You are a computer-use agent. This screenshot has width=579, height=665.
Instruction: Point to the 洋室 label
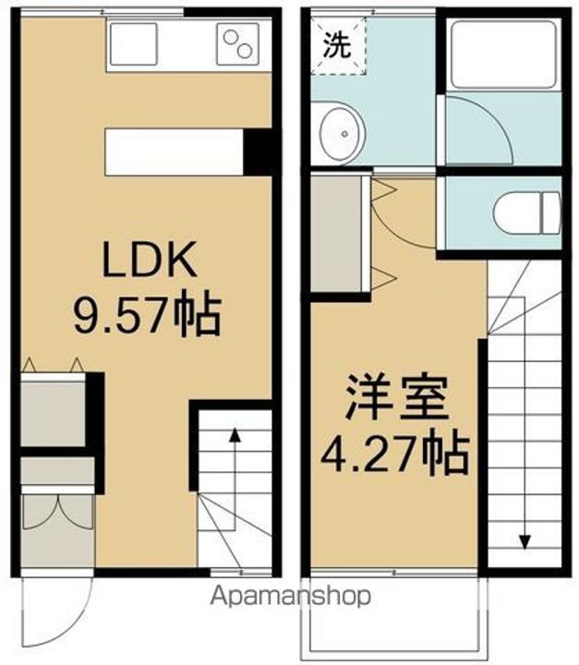pos(398,401)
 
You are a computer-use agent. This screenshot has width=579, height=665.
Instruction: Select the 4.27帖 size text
pos(394,453)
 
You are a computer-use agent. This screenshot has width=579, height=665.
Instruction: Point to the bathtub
pos(503,54)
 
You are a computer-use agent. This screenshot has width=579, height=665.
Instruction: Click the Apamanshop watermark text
pos(292,597)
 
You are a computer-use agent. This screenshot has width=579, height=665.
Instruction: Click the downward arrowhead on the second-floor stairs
pos(525,542)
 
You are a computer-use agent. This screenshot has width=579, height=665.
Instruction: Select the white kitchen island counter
pos(174,151)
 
